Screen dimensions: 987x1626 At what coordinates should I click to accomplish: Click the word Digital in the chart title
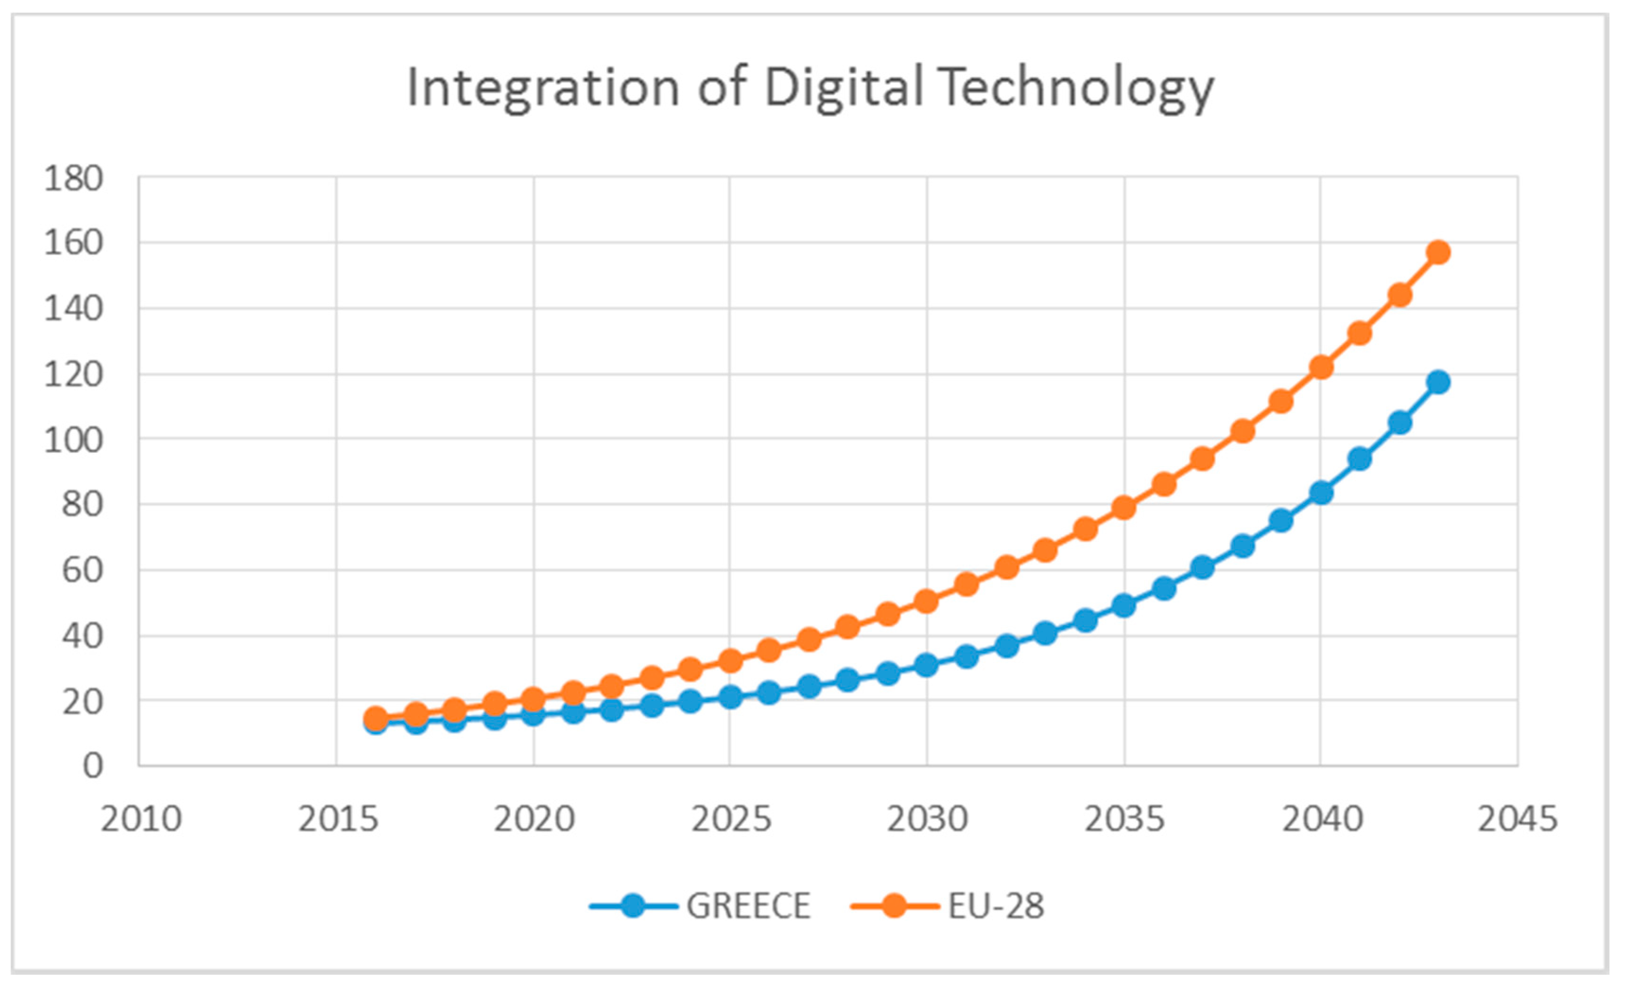tap(843, 88)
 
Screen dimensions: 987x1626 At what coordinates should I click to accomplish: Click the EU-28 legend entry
tap(948, 906)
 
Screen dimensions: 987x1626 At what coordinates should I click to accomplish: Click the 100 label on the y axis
tap(73, 440)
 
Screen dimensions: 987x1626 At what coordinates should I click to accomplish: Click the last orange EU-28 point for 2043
tap(1438, 252)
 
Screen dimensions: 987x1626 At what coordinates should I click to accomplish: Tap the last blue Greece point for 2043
tap(1438, 382)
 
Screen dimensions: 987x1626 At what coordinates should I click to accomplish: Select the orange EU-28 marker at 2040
tap(1321, 367)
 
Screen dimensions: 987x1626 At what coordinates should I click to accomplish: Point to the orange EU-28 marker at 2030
tap(926, 602)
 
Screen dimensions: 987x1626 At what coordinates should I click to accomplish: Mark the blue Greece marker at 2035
tap(1124, 606)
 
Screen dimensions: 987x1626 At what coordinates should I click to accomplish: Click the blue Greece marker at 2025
tap(730, 697)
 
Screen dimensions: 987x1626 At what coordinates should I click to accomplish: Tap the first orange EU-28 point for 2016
tap(375, 719)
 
